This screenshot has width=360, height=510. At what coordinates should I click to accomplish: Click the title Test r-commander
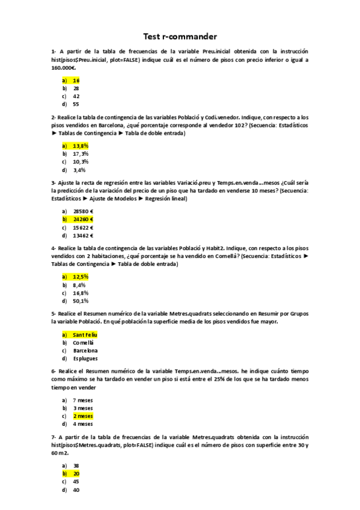(x=180, y=37)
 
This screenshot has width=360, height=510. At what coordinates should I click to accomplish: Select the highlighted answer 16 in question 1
(x=76, y=80)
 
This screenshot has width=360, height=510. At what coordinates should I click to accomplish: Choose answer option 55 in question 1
(x=76, y=103)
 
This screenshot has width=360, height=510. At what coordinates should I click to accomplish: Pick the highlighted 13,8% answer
(x=81, y=146)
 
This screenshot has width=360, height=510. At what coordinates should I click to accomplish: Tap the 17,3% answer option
(x=81, y=153)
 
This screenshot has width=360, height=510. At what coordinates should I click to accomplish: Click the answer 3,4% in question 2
(x=79, y=170)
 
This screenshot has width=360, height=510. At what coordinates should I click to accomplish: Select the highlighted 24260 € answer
(x=83, y=220)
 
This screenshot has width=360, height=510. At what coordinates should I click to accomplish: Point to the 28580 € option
(x=83, y=211)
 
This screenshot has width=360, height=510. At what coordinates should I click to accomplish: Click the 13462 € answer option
(x=83, y=236)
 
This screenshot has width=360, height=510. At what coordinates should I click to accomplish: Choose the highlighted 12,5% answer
(x=81, y=277)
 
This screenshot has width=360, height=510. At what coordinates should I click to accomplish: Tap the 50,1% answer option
(x=81, y=301)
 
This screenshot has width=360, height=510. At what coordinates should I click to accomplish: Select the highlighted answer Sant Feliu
(x=85, y=334)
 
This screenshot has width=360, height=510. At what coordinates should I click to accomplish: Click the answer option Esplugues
(x=85, y=358)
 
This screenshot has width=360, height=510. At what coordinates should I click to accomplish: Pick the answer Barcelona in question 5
(x=85, y=350)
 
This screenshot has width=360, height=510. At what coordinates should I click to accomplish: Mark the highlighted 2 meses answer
(x=83, y=416)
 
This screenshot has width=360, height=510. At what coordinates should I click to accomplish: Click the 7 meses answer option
(x=83, y=400)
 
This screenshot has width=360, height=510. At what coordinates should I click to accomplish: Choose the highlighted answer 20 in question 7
(x=76, y=473)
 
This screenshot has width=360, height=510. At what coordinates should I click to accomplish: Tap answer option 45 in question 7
(x=76, y=482)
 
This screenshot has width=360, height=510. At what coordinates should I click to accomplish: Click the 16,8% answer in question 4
(x=81, y=293)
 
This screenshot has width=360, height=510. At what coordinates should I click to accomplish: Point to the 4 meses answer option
(x=83, y=424)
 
